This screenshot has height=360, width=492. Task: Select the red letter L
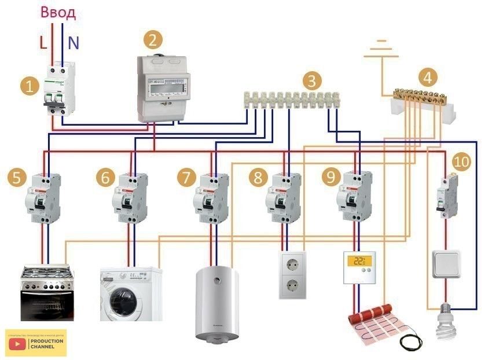(43, 42)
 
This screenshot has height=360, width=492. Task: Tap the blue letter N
(73, 42)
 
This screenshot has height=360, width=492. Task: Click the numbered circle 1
(29, 87)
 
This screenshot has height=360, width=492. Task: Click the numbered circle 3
(312, 80)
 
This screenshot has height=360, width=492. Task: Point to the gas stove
(47, 292)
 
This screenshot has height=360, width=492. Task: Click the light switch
(445, 265)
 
